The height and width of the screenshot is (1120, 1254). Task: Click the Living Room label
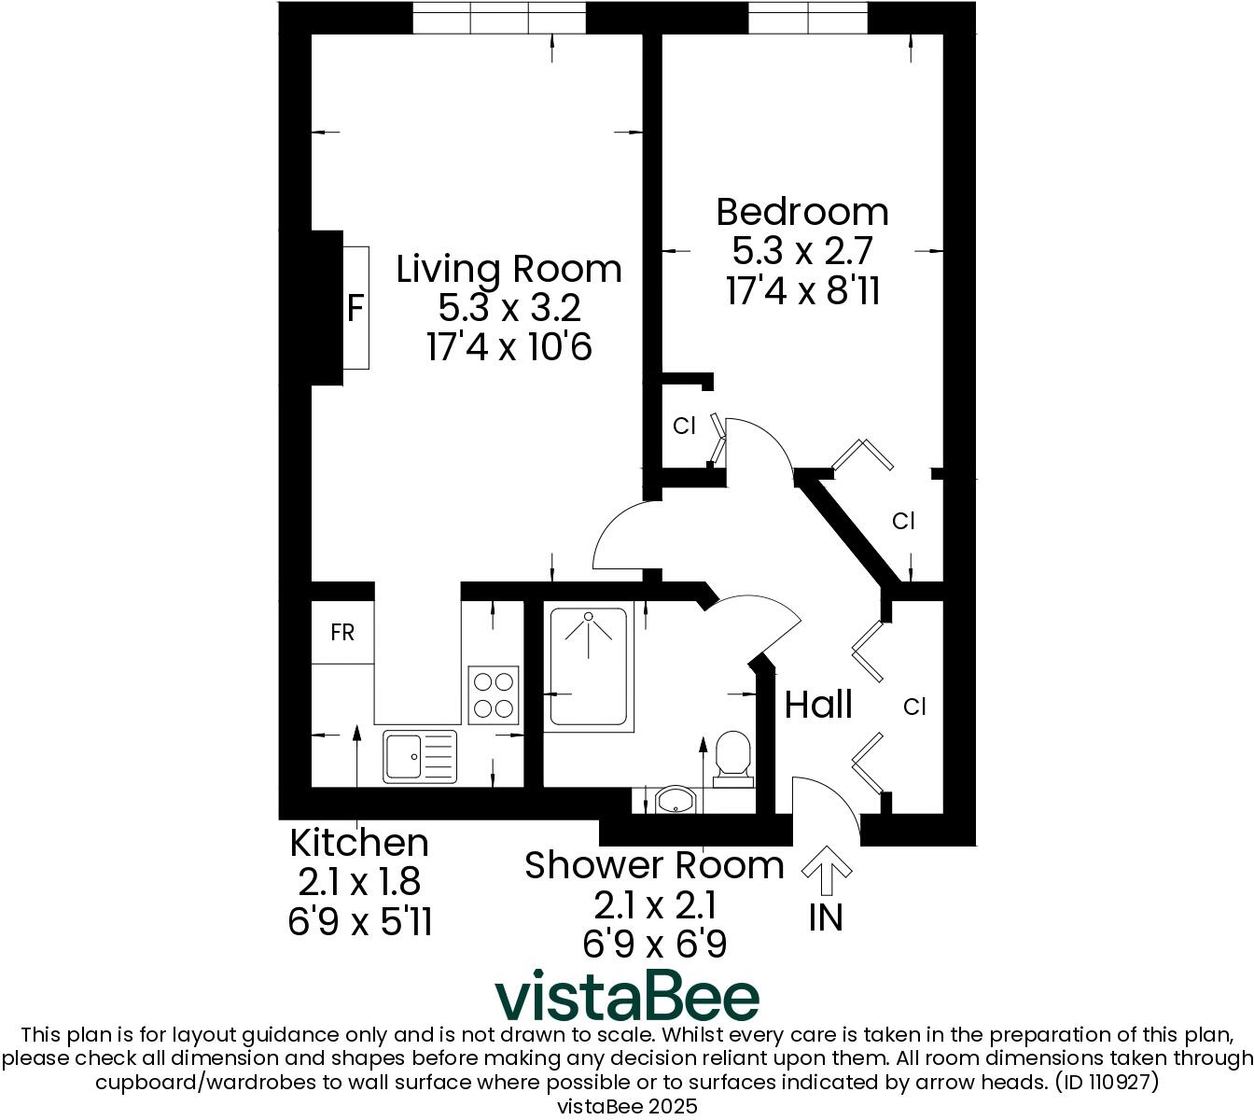coord(509,270)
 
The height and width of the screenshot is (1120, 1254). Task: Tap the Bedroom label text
coord(802,213)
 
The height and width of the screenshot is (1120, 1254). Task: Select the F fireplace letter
coord(355,308)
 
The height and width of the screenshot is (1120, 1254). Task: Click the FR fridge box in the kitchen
coord(342,633)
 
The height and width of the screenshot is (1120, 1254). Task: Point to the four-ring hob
coord(493,694)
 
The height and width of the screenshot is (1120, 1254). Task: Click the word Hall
coord(818,705)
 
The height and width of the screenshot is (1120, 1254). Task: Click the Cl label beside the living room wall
coord(684,427)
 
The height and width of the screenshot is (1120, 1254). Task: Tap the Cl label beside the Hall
coord(914,707)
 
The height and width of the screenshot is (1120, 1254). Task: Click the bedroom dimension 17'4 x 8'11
coord(802,292)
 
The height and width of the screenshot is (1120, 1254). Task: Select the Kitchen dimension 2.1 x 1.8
coord(359,882)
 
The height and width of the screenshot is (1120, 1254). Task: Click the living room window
coord(500,17)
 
